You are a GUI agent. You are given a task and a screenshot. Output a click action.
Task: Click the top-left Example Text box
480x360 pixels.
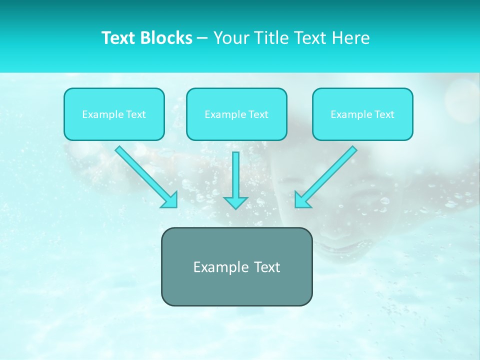(114, 114)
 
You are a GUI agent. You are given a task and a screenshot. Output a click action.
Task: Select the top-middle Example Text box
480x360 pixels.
(236, 114)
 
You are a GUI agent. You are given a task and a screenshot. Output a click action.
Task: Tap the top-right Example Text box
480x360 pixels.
(362, 114)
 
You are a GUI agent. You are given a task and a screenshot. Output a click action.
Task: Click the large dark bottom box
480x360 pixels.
(236, 267)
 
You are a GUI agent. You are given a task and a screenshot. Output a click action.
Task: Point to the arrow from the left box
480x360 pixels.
(145, 175)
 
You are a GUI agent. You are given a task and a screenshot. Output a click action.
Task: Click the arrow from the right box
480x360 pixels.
(327, 175)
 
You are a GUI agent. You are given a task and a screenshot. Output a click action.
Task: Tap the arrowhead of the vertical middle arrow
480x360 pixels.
(235, 202)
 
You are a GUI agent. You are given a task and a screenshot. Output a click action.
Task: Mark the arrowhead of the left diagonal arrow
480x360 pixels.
(170, 200)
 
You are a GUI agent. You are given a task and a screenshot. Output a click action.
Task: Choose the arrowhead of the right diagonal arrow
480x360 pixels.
(301, 200)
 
